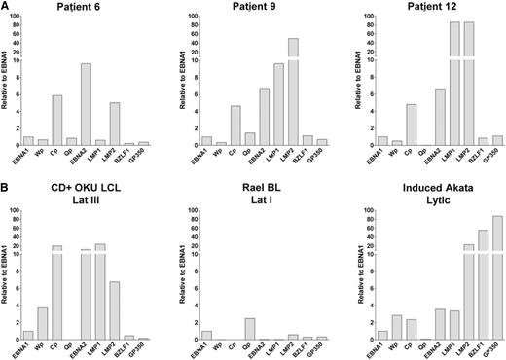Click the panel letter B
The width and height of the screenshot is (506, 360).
6,190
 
